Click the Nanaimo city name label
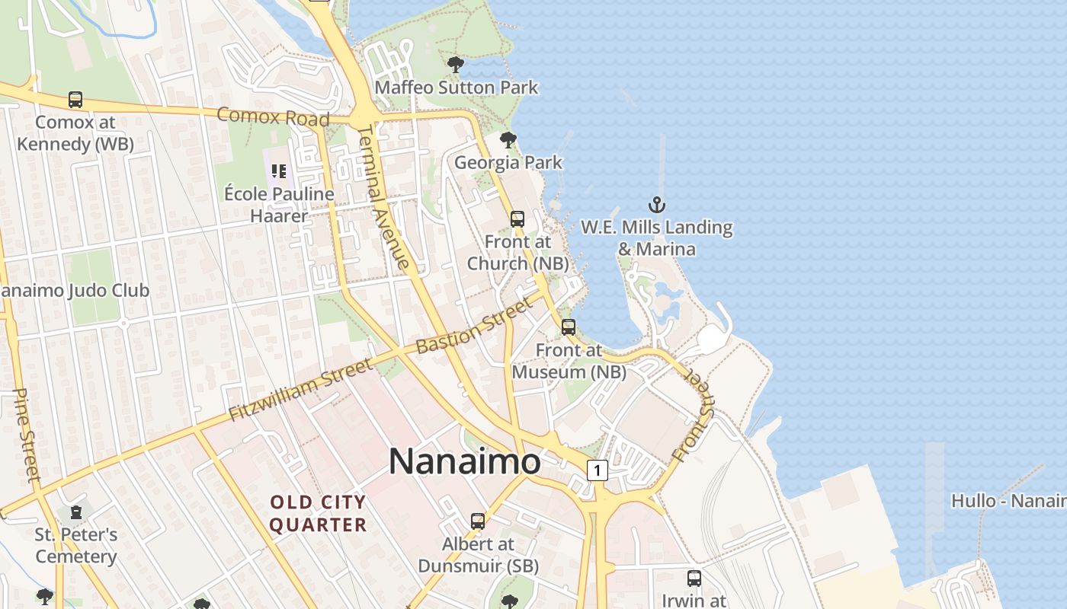tap(465, 461)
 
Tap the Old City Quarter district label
tap(318, 514)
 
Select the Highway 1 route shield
tap(598, 471)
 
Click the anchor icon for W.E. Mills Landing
tap(656, 205)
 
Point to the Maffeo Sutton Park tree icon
tap(456, 65)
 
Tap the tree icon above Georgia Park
tap(508, 140)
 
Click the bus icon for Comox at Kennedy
tap(75, 100)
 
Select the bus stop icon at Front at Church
tap(517, 219)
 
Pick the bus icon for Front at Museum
tap(569, 327)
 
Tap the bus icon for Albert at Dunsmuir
tap(478, 521)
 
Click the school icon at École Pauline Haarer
tap(279, 171)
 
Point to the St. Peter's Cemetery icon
tap(75, 512)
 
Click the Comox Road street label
tap(273, 117)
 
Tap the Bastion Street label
tap(473, 327)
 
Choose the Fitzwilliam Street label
tap(301, 389)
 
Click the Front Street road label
tap(695, 415)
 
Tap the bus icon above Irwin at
tap(694, 579)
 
